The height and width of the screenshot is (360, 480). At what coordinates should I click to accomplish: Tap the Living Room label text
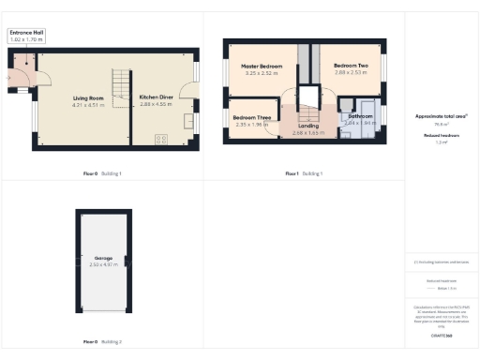click(90, 97)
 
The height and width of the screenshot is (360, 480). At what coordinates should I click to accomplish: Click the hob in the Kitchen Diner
click(161, 139)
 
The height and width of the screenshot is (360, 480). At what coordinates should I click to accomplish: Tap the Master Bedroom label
click(262, 67)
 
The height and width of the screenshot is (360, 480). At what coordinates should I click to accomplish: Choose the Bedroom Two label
click(351, 65)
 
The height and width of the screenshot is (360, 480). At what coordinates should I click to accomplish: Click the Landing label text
click(308, 126)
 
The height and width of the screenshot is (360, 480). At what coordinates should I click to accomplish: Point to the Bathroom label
click(360, 116)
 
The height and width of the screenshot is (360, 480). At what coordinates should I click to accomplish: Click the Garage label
click(103, 257)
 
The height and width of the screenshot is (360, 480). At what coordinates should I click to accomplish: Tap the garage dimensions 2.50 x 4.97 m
click(103, 264)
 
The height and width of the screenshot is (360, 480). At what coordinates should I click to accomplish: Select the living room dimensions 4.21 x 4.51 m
click(90, 105)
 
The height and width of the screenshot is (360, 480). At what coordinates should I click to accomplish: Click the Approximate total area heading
click(441, 115)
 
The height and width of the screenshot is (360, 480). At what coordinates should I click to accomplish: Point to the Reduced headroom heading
click(441, 135)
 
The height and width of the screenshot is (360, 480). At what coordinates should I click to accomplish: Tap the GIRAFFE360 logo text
click(441, 335)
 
